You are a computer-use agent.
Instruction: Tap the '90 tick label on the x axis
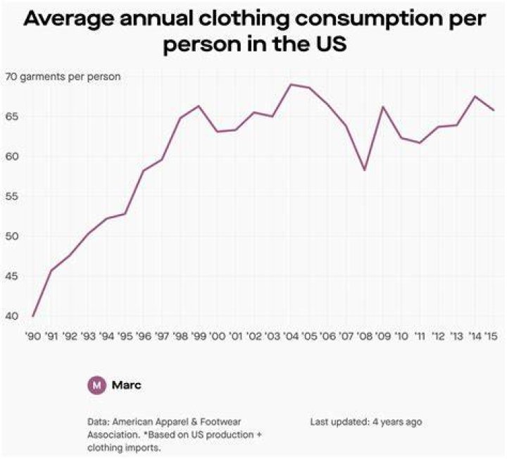tap(33, 337)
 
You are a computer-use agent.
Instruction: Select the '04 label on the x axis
tap(290, 337)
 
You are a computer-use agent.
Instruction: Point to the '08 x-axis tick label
tap(365, 337)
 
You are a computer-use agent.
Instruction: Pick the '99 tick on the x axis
tap(199, 337)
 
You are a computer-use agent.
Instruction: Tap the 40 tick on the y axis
tap(11, 316)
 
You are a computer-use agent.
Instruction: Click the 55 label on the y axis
tap(11, 196)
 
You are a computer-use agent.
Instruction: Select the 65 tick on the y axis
tap(11, 116)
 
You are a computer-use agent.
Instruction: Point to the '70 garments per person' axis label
tap(63, 77)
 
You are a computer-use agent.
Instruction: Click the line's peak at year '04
tap(290, 84)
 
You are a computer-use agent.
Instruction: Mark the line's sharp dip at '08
tap(365, 170)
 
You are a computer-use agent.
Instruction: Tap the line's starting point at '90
tap(33, 316)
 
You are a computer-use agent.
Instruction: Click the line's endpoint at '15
tap(493, 111)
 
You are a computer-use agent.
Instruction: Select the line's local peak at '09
tap(383, 107)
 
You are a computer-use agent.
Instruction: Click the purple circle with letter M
tap(96, 385)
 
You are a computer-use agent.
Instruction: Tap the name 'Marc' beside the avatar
tap(127, 385)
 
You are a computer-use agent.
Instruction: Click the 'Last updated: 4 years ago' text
tap(366, 422)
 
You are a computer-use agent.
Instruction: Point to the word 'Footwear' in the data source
tap(220, 422)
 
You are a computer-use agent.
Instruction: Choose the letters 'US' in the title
tap(330, 44)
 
